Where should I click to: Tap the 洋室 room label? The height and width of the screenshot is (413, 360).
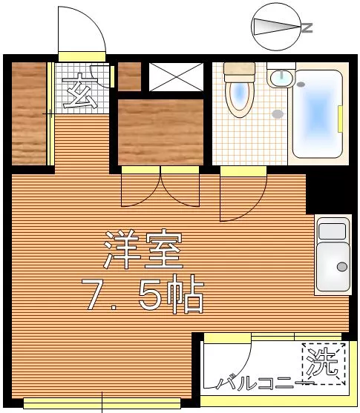143,249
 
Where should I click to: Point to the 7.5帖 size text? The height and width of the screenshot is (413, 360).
143,294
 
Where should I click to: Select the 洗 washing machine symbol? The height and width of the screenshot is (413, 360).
324,364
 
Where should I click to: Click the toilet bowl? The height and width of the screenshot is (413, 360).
240,98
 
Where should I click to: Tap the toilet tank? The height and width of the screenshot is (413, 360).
240,72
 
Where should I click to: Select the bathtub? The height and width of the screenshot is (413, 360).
318,113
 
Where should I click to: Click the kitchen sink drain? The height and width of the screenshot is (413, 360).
342,267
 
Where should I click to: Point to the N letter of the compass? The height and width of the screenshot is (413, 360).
307,27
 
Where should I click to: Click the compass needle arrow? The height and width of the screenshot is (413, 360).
277,27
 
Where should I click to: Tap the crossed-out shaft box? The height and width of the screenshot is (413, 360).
176,77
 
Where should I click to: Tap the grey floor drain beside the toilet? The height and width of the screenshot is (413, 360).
278,114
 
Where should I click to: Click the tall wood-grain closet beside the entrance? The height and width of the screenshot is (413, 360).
29,113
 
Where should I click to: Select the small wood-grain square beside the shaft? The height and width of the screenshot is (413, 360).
129,76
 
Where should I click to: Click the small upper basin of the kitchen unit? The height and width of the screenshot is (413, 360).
332,231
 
